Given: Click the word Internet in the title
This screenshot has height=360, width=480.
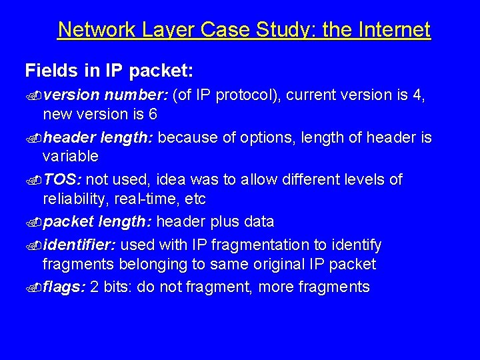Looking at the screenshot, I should click(x=395, y=30).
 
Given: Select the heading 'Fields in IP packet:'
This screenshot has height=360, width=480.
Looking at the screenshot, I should click(x=109, y=70).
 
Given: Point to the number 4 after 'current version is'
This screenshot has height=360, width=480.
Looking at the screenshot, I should click(x=418, y=95).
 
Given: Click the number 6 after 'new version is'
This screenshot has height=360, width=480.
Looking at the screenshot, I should click(x=153, y=114).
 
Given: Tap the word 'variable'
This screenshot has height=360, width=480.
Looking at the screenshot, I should click(x=70, y=157).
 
